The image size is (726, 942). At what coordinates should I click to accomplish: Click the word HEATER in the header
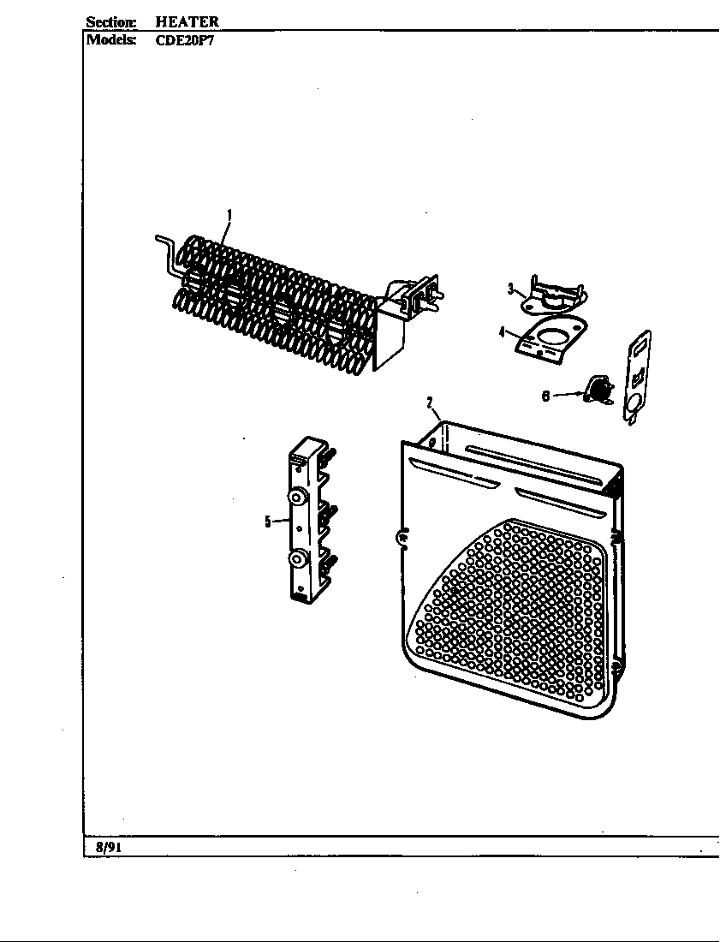tap(187, 21)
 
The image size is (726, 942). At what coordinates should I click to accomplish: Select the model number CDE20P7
tap(184, 41)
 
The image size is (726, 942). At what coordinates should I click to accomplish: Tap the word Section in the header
tap(111, 22)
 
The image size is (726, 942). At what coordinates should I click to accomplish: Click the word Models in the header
tap(110, 40)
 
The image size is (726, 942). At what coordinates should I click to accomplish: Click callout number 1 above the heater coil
tap(229, 214)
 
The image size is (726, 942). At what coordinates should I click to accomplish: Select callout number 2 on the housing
tap(430, 402)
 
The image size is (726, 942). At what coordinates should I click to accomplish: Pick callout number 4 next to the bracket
tap(502, 332)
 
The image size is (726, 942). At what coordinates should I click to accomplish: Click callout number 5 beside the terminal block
tap(268, 522)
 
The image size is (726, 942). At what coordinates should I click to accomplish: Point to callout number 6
tap(545, 396)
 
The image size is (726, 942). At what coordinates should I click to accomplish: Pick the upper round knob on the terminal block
tap(296, 497)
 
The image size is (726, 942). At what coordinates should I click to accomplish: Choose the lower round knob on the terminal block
tap(296, 560)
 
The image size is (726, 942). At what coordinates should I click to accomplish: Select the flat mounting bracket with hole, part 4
tap(552, 340)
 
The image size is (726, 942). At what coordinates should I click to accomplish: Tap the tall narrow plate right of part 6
tap(638, 378)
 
